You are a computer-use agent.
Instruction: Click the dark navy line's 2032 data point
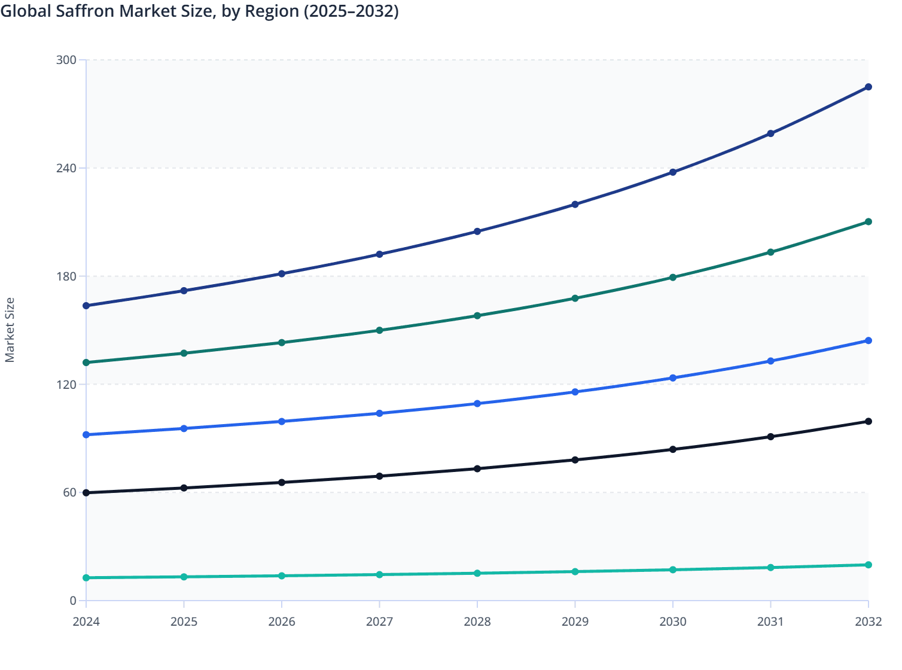(868, 87)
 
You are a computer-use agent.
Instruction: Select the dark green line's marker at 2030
(672, 278)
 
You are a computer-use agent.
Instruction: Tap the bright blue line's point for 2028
(477, 404)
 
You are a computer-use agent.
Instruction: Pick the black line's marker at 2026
(282, 483)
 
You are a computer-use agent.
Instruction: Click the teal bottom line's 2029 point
(575, 572)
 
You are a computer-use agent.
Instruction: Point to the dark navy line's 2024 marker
(86, 306)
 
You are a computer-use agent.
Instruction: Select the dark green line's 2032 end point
(868, 222)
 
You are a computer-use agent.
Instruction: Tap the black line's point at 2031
(770, 437)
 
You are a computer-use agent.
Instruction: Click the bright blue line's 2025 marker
(184, 428)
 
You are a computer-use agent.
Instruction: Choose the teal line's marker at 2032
(868, 565)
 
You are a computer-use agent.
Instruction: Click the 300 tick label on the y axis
(66, 60)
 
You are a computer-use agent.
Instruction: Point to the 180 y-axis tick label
(66, 276)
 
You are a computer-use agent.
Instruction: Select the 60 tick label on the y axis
(69, 492)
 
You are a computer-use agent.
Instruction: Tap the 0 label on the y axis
(73, 601)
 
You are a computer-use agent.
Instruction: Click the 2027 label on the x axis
(379, 622)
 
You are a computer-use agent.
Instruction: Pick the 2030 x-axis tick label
(672, 622)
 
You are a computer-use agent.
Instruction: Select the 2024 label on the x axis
(86, 622)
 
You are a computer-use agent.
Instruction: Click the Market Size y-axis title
(10, 330)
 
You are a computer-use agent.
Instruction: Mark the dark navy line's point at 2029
(575, 205)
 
